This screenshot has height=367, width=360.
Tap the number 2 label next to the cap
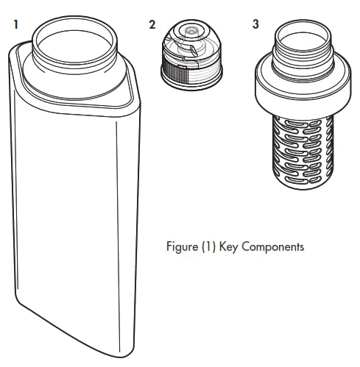152,24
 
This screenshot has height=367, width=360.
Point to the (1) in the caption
207,246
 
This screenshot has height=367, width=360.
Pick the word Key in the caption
227,246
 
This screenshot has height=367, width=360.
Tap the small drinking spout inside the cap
191,32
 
